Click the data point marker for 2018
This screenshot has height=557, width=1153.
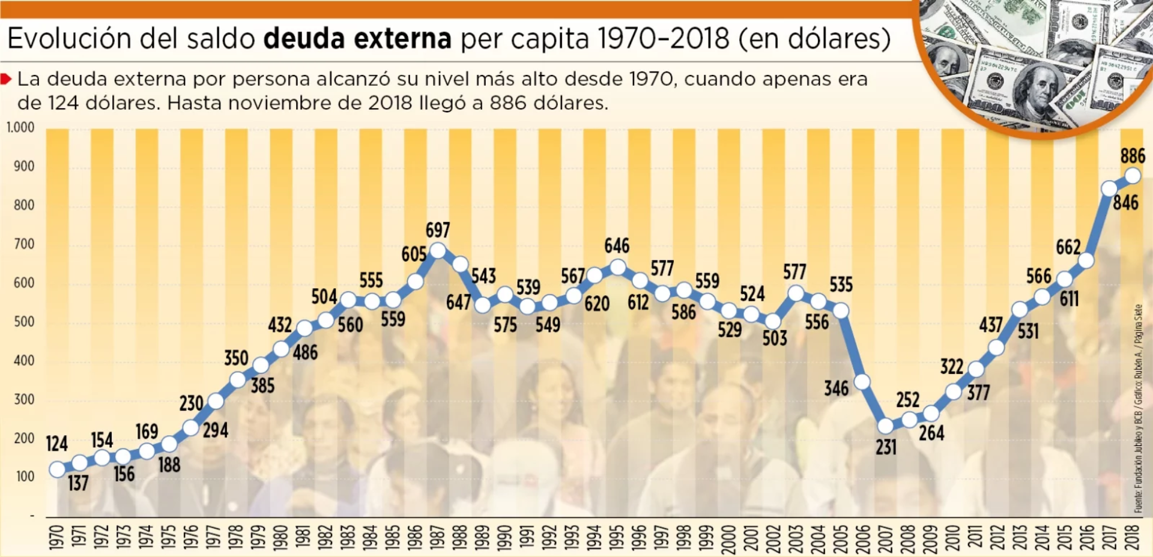pyautogui.click(x=1133, y=176)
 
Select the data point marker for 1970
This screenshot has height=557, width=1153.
pyautogui.click(x=57, y=469)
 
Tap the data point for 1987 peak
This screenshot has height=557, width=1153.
pyautogui.click(x=438, y=250)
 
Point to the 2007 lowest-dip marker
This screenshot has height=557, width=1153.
pyautogui.click(x=886, y=426)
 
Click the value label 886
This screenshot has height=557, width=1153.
pyautogui.click(x=1133, y=156)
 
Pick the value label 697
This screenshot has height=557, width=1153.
pyautogui.click(x=438, y=230)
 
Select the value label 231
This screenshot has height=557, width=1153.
pyautogui.click(x=886, y=447)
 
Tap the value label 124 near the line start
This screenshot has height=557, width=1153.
pyautogui.click(x=57, y=444)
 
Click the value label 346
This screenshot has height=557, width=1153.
pyautogui.click(x=837, y=388)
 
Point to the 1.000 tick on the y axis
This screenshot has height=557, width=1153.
pyautogui.click(x=20, y=127)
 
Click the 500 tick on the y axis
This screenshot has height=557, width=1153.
pyautogui.click(x=24, y=322)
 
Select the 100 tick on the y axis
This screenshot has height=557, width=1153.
pyautogui.click(x=25, y=477)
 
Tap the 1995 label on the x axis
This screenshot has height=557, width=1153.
pyautogui.click(x=617, y=537)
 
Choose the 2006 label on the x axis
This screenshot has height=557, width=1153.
pyautogui.click(x=863, y=537)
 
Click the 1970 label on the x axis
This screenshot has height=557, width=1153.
pyautogui.click(x=56, y=537)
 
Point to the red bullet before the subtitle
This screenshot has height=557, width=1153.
pyautogui.click(x=6, y=79)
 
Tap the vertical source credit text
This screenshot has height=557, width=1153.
pyautogui.click(x=1138, y=408)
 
